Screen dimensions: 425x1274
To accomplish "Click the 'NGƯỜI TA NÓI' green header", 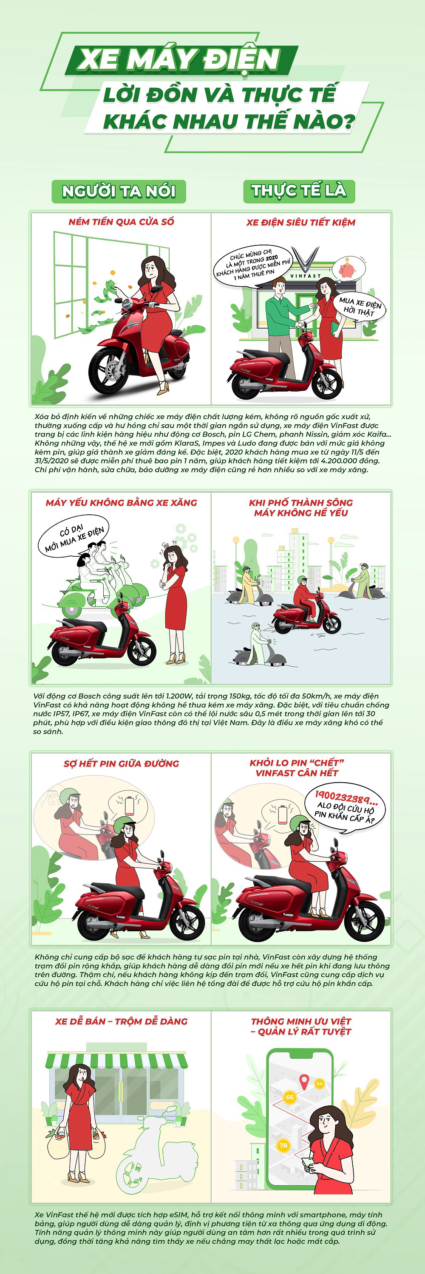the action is [x=119, y=192].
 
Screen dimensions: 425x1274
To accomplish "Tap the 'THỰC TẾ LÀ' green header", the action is [x=299, y=191].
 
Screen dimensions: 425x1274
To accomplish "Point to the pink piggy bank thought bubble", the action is [x=349, y=268].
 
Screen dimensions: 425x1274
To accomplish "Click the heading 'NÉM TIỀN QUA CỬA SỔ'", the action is [x=121, y=222].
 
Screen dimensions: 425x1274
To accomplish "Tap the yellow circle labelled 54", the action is [x=320, y=1084].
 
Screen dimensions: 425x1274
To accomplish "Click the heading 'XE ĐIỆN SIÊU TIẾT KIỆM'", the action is [x=301, y=223].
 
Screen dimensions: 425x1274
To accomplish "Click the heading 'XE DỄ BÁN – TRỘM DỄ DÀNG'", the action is [x=121, y=1021].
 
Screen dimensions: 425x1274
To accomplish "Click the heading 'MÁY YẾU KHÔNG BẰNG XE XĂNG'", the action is [x=121, y=502].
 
